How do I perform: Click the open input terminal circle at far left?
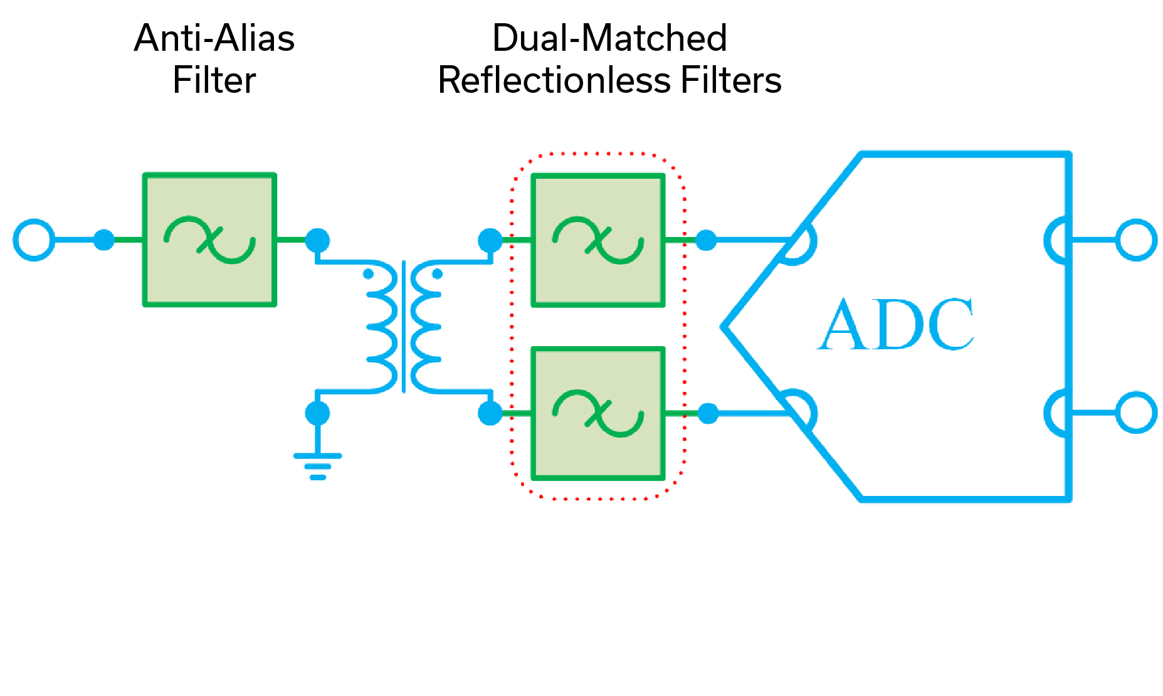(34, 240)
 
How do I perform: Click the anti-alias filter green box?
(209, 240)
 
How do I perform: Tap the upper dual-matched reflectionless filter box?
(597, 240)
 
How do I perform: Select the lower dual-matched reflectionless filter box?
(597, 413)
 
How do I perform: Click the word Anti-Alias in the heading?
(214, 38)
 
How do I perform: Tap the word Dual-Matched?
(609, 38)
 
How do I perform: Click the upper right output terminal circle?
(1136, 240)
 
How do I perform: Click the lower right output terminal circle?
(1136, 413)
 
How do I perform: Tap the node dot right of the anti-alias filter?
(317, 240)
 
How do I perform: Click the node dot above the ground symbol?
(317, 413)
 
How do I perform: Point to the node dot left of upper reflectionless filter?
(490, 240)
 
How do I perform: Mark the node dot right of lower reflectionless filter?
(708, 413)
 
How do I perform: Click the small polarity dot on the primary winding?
(369, 274)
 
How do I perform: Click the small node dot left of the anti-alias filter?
(104, 240)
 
